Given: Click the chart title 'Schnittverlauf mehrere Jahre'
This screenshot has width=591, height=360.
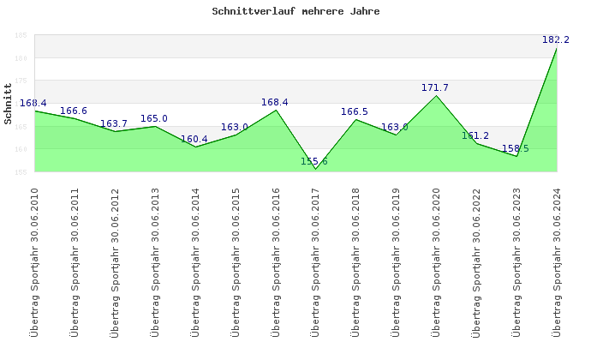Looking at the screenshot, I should (x=295, y=12).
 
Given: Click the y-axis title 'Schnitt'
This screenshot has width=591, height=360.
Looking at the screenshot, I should (x=8, y=104).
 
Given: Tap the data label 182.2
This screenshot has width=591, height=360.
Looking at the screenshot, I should (x=556, y=40).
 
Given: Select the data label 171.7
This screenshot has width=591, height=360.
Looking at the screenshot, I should (x=435, y=88).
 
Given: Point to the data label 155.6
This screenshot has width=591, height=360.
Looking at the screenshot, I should (x=314, y=162).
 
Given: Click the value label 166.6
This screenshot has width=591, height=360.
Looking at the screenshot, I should (x=74, y=111).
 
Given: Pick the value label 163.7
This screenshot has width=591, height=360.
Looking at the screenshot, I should (x=114, y=124).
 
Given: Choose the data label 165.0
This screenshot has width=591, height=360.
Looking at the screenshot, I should (x=154, y=119).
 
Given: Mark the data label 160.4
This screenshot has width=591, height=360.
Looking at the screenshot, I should (x=194, y=140).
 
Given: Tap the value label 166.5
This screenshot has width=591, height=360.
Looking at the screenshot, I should (x=355, y=112).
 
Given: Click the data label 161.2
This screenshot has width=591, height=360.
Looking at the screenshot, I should (x=475, y=136).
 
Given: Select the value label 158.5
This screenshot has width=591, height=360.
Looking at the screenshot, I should (x=516, y=149).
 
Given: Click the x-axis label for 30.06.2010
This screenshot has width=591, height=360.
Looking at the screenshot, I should (x=34, y=261).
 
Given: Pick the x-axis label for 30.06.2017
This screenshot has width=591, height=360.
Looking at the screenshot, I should (x=315, y=261).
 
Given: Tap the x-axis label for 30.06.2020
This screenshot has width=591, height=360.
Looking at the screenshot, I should (x=436, y=261).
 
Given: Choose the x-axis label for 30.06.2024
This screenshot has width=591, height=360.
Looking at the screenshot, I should (x=557, y=261).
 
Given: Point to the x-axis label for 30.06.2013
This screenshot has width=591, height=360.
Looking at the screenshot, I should (x=155, y=261).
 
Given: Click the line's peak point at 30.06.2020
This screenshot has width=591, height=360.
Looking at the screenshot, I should (x=436, y=95).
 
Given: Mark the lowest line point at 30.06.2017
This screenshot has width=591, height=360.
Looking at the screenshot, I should (x=315, y=169).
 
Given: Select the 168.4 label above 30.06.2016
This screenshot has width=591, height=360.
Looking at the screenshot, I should (x=275, y=103).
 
